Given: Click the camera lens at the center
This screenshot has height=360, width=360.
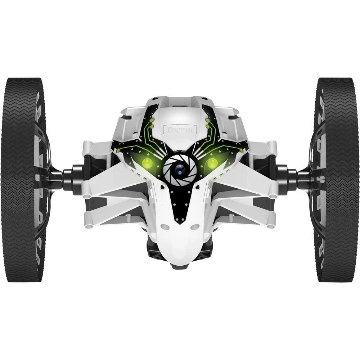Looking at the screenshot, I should coord(180,168).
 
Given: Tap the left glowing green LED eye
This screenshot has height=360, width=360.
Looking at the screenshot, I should coord(147,163).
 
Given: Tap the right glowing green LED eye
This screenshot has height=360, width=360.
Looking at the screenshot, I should coord(212,163).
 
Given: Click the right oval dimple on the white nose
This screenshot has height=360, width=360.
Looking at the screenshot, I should coord(195,227).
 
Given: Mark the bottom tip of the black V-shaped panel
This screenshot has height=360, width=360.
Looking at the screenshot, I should coord(180,222).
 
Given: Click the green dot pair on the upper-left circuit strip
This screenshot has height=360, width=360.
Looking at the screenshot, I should coord(152,123).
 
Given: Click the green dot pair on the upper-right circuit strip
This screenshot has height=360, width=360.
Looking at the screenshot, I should coord(208,123).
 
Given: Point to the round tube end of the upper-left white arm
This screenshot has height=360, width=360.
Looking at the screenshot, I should coord(87,196).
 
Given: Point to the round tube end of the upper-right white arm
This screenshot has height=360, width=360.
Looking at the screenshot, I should coord(273,196).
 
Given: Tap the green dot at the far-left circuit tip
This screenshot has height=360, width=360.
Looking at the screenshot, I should coord(118,150).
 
